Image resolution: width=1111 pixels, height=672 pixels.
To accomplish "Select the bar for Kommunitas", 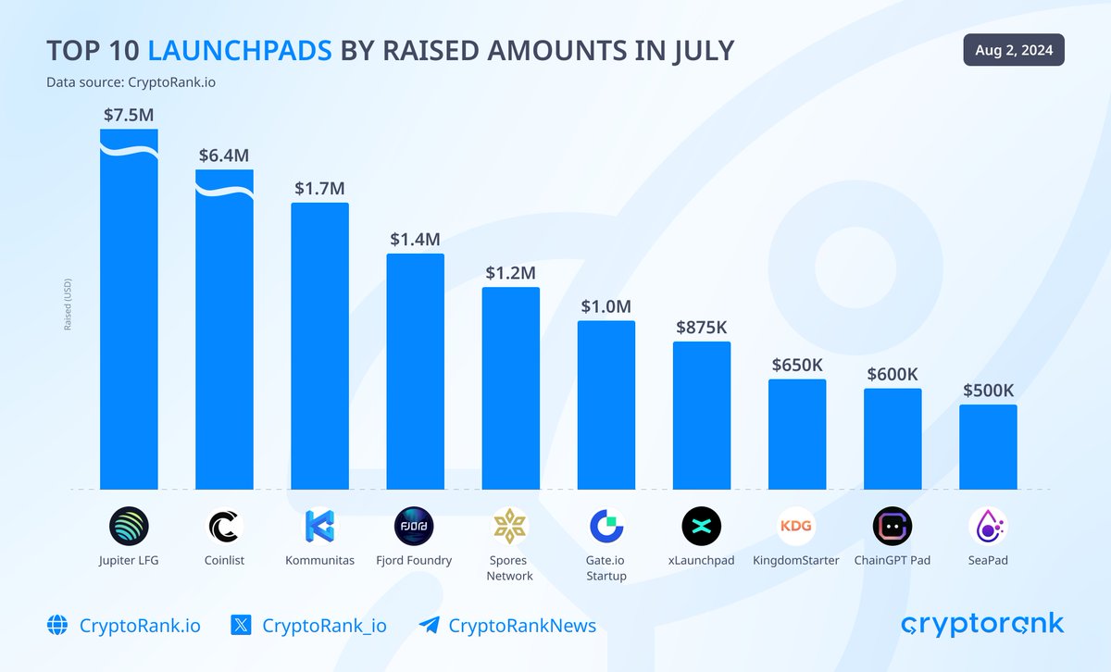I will (319, 347).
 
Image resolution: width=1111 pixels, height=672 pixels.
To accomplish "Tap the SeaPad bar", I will (988, 447).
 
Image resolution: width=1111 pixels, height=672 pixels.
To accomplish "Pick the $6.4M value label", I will (224, 156).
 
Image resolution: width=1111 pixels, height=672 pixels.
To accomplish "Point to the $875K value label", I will (702, 327).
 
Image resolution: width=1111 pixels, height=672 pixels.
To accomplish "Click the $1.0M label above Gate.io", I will (606, 306).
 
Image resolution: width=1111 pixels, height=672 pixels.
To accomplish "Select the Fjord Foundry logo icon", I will (413, 527).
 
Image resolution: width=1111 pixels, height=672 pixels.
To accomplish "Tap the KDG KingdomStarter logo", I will (796, 527).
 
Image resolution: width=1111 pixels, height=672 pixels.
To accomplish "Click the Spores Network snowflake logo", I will (509, 527).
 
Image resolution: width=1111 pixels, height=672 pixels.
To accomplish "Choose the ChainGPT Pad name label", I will (893, 560).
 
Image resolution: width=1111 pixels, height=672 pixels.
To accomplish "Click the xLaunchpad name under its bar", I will (701, 560).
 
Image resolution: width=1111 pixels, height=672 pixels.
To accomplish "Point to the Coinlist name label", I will (224, 560).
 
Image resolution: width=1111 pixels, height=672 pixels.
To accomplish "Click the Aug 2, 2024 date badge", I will (1014, 50).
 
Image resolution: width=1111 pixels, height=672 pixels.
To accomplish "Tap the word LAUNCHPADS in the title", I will (240, 51).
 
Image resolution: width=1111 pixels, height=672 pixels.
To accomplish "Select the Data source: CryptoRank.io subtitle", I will (131, 82).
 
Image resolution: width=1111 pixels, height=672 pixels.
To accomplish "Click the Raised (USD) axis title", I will (68, 305).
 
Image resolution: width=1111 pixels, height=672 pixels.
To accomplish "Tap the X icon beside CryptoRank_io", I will (241, 625).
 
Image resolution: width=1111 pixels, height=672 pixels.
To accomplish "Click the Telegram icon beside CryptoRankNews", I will (428, 625).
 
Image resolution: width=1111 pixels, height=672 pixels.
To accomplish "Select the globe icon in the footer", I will (57, 625).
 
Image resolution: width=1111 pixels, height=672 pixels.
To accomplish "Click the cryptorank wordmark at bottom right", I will (982, 624).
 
